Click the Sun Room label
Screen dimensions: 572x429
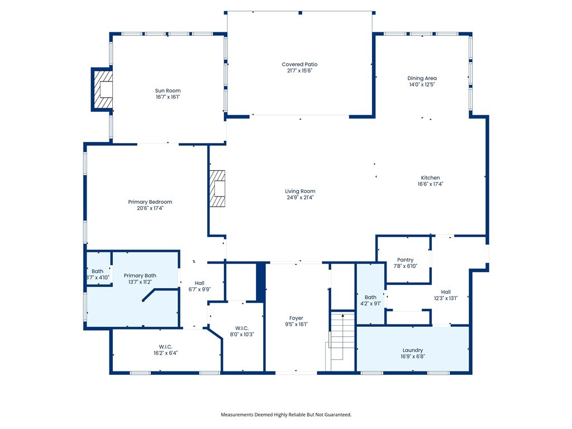168,90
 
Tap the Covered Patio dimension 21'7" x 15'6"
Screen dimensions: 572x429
299,71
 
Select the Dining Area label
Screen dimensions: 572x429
422,78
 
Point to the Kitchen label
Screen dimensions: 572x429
431,178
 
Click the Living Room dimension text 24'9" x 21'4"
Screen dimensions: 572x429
300,197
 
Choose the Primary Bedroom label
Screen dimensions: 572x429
150,202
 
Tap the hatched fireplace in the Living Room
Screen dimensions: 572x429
217,189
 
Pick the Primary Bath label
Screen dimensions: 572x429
140,275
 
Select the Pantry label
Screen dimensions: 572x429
406,260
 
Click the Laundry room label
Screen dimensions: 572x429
413,350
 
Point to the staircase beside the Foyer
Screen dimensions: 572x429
342,341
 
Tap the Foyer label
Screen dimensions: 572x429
296,318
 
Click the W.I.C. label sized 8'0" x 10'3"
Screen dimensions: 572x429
242,328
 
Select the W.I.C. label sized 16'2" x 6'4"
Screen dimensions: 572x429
165,346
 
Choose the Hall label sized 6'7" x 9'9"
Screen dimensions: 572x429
199,283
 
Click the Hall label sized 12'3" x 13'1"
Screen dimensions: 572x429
446,292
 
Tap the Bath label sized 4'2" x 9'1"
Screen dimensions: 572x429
371,297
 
